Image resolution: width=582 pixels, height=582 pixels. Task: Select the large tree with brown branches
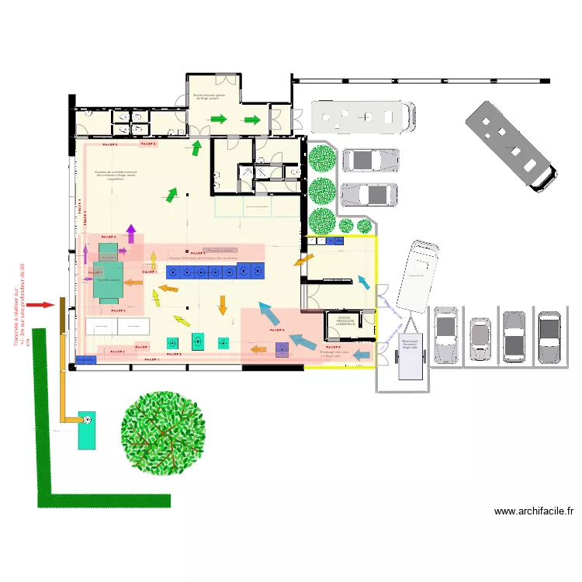[163, 432]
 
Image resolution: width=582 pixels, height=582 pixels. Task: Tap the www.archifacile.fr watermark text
[534, 511]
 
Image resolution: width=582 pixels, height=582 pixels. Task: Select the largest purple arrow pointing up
[130, 232]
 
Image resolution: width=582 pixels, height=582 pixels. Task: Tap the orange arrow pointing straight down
[222, 304]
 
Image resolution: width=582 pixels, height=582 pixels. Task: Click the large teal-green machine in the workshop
[108, 277]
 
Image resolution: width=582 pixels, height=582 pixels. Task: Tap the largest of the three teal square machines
[197, 341]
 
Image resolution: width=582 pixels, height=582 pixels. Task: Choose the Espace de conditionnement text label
[116, 175]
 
